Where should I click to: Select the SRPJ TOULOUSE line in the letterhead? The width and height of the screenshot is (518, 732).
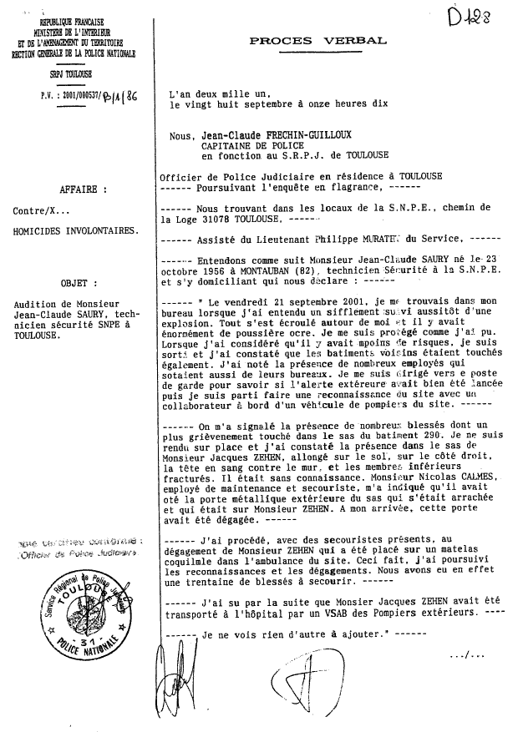pyautogui.click(x=72, y=73)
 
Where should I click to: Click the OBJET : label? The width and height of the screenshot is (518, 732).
pyautogui.click(x=80, y=282)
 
